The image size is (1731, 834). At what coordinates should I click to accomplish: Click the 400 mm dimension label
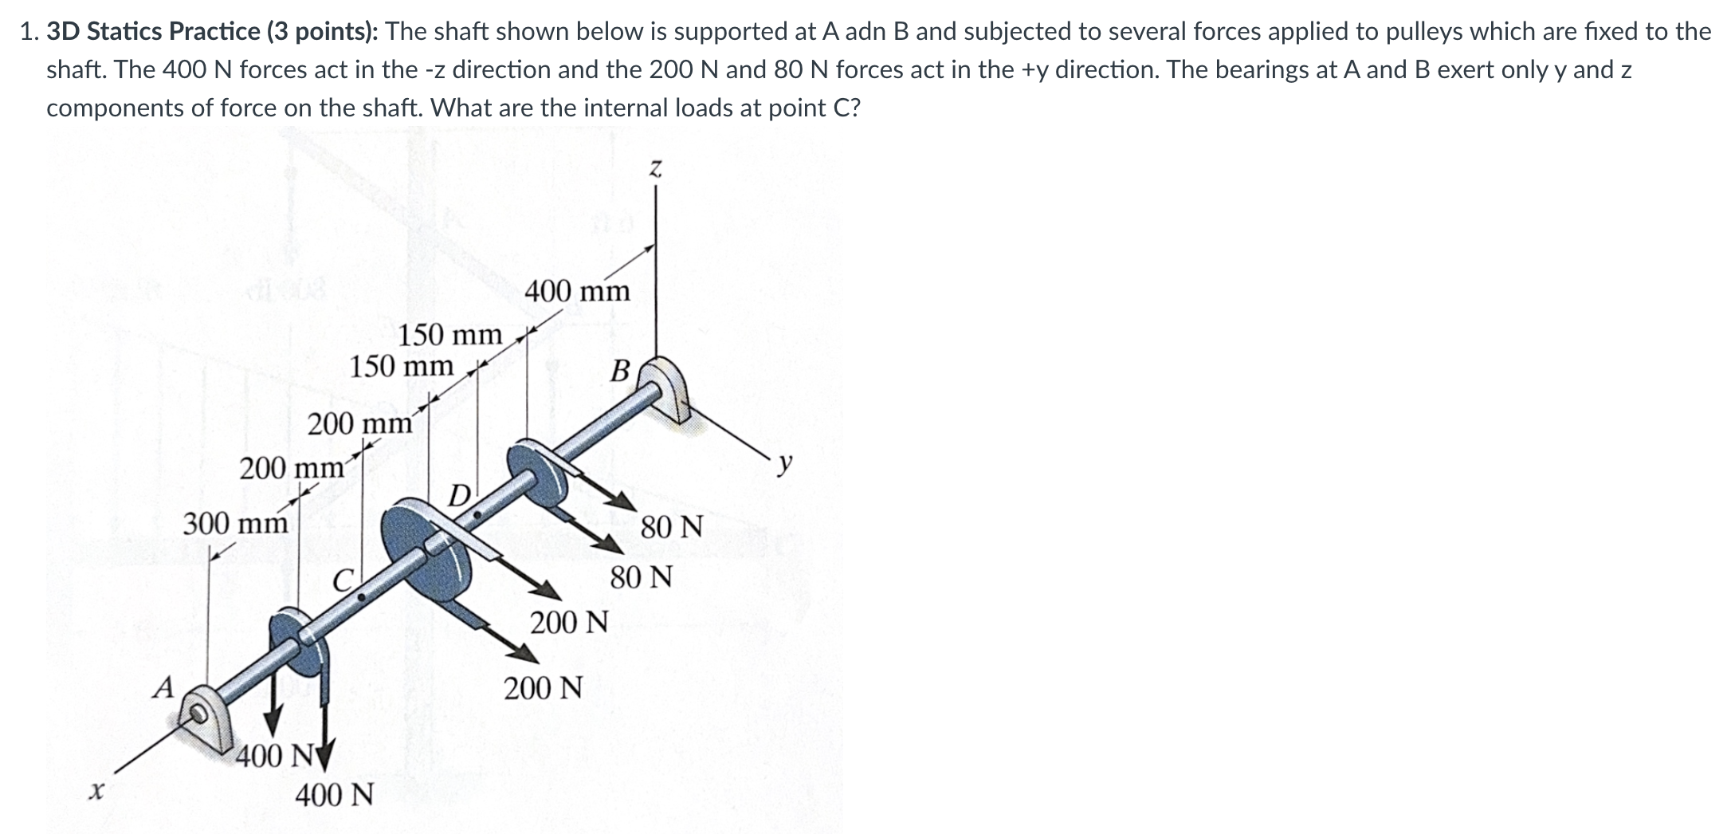pyautogui.click(x=577, y=291)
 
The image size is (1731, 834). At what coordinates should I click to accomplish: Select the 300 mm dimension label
pyautogui.click(x=235, y=524)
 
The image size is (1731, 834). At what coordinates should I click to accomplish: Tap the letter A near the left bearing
pyautogui.click(x=163, y=686)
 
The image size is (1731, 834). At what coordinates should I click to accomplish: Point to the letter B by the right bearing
pyautogui.click(x=620, y=371)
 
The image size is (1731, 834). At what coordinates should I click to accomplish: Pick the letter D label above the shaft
pyautogui.click(x=459, y=496)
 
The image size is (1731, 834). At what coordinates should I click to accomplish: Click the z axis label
pyautogui.click(x=655, y=169)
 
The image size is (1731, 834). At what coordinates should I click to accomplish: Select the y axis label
pyautogui.click(x=786, y=462)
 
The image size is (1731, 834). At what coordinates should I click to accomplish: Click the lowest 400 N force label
pyautogui.click(x=334, y=795)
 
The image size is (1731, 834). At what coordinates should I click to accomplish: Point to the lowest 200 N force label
pyautogui.click(x=543, y=686)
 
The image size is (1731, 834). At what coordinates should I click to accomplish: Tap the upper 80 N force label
pyautogui.click(x=671, y=526)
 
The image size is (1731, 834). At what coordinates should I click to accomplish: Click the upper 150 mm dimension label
pyautogui.click(x=450, y=334)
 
